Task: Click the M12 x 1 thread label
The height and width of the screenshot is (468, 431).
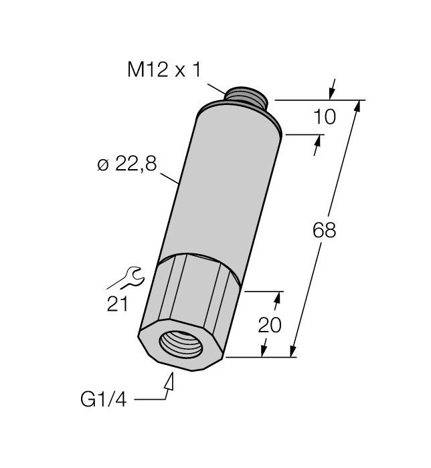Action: (x=164, y=70)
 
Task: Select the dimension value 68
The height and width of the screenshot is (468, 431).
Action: (x=324, y=231)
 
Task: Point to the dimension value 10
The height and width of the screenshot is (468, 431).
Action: (x=325, y=117)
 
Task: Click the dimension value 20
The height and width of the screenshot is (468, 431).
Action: (x=270, y=325)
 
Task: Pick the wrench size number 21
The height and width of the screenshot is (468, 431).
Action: (x=117, y=304)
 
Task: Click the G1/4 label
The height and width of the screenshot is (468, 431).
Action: (x=103, y=399)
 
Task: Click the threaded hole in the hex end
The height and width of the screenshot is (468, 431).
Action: (x=181, y=343)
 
